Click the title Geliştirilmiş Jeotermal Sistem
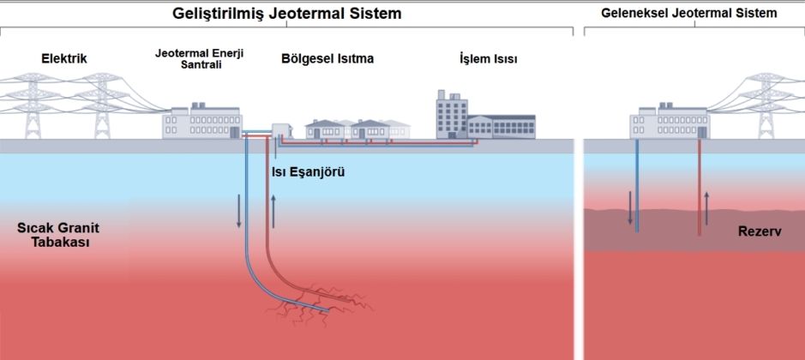click(286, 15)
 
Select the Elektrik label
click(64, 59)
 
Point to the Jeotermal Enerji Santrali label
click(200, 58)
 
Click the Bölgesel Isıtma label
click(327, 59)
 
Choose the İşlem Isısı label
click(487, 59)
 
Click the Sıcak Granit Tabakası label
click(54, 236)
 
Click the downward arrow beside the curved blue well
click(239, 212)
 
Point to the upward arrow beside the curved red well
click(273, 210)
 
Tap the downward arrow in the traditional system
click(630, 207)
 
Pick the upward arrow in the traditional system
click(707, 207)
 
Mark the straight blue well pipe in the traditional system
click(637, 184)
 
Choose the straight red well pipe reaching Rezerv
click(700, 184)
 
